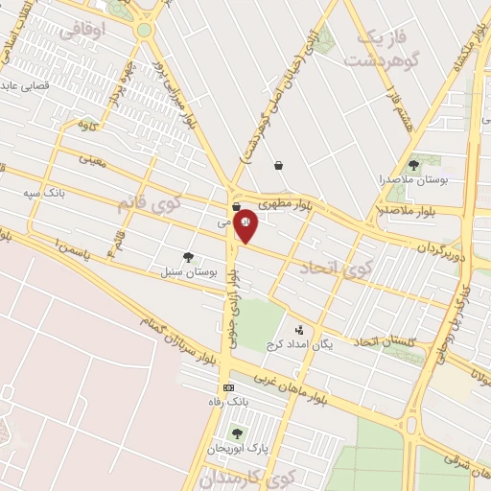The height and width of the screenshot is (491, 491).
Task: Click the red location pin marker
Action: [245, 222]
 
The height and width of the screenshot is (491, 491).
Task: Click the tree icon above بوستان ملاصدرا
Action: [413, 164]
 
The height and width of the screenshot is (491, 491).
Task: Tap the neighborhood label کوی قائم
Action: [140, 204]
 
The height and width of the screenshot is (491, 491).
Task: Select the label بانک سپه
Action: [44, 193]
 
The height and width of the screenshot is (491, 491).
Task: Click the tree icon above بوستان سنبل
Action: [188, 257]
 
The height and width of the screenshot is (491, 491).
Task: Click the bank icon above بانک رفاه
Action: [228, 387]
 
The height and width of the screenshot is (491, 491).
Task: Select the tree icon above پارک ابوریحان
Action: [236, 433]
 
